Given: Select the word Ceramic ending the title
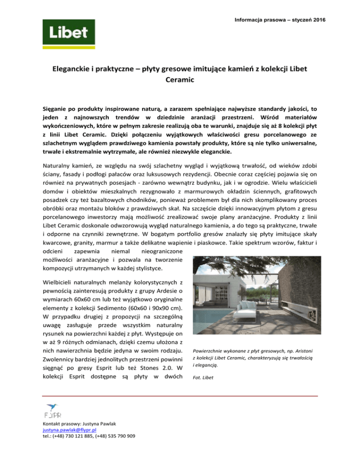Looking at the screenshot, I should (180, 81).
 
